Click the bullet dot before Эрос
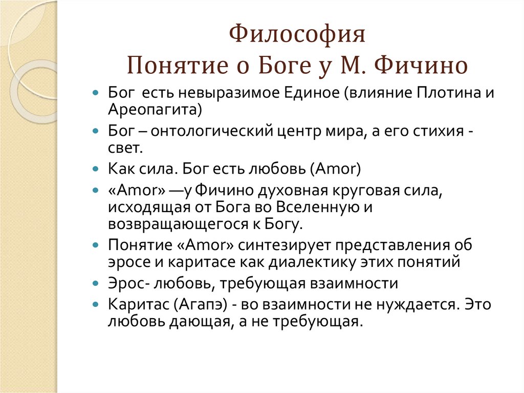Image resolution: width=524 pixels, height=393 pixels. [x=96, y=283]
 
